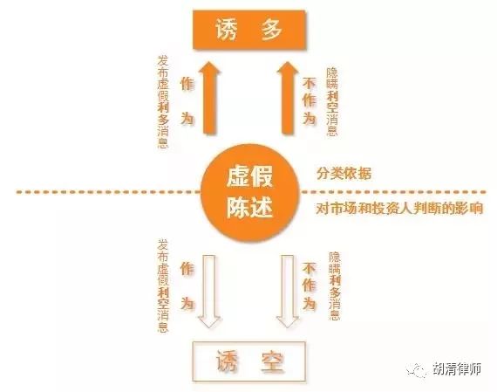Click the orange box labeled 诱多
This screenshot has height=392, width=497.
[249, 30]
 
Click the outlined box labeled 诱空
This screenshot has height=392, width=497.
[249, 361]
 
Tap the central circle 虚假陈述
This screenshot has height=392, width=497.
[250, 193]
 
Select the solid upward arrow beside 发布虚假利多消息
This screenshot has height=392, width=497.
[209, 98]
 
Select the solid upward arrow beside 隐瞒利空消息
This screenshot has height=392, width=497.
[288, 98]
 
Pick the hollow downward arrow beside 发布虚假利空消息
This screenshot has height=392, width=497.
[209, 291]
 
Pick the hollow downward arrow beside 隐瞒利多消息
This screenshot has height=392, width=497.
[288, 291]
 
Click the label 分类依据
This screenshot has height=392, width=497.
[344, 174]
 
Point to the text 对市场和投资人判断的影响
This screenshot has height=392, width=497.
[399, 209]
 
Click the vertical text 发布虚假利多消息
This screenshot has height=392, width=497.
[163, 102]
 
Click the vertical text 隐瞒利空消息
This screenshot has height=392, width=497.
[332, 102]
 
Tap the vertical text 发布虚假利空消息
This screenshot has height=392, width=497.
[163, 286]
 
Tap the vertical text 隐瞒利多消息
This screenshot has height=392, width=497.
[335, 286]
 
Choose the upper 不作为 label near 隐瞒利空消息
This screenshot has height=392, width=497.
[310, 101]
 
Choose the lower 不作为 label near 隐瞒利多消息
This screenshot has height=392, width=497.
[310, 285]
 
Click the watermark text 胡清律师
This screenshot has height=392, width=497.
[457, 368]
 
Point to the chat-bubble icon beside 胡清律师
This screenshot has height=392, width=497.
[416, 370]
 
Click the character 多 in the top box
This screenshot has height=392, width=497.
[272, 30]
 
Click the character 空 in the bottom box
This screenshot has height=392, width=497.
[272, 361]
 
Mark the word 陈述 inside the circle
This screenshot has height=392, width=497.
[249, 208]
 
